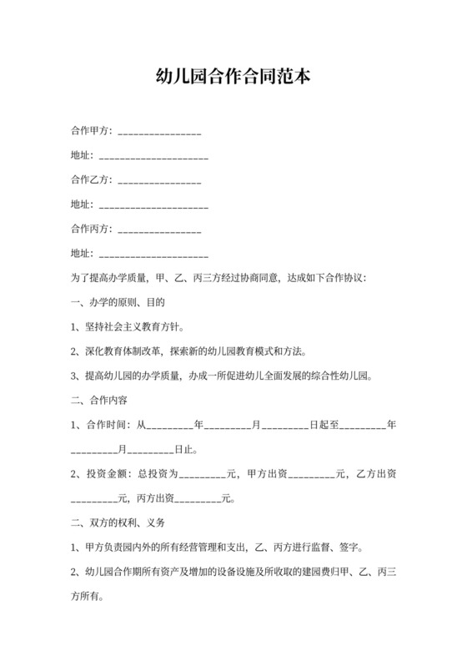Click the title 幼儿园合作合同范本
pos(233,78)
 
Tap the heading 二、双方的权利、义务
pos(119,523)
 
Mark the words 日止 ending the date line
pos(183,450)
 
